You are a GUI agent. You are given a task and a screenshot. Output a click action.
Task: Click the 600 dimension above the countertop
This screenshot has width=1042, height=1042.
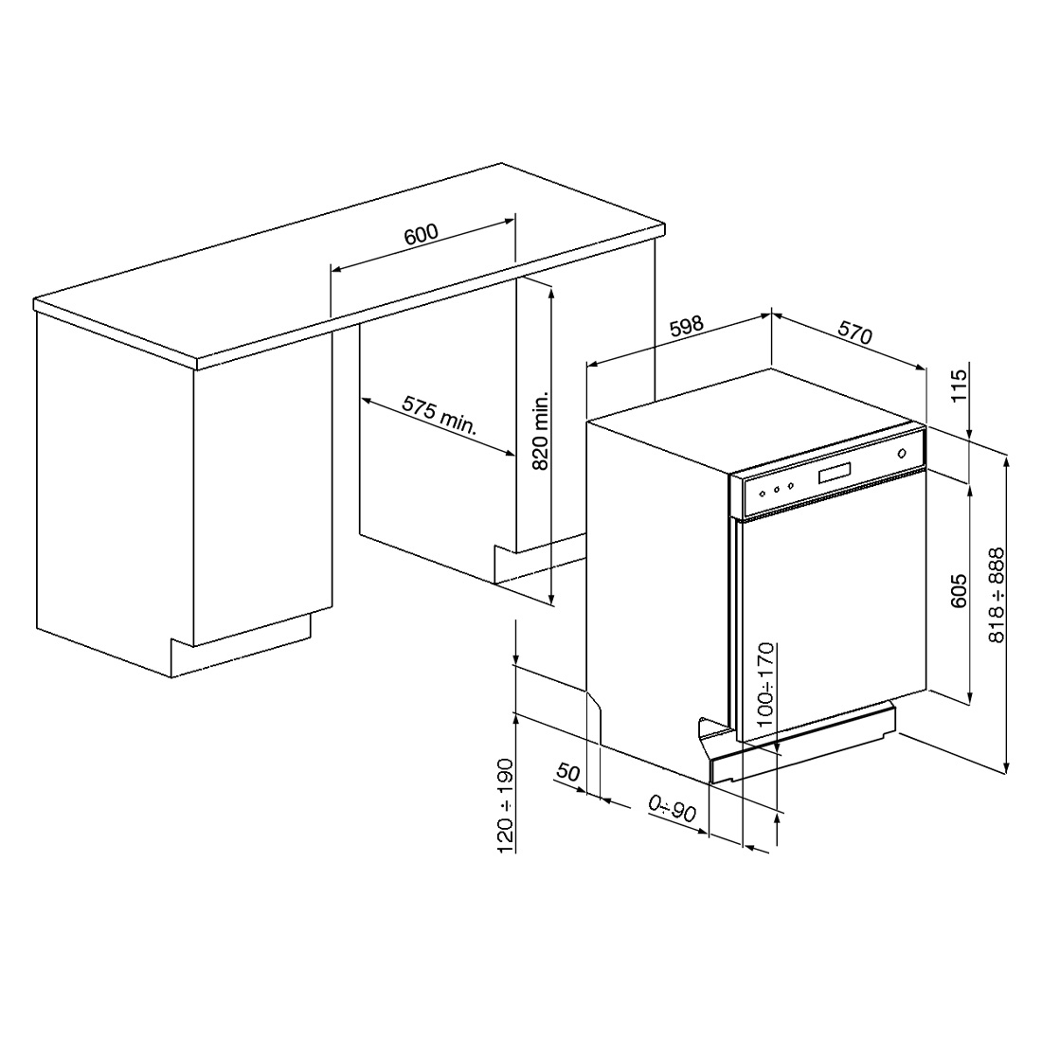coord(422,235)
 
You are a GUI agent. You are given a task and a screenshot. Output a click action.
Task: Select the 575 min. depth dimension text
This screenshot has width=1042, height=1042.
coord(440,415)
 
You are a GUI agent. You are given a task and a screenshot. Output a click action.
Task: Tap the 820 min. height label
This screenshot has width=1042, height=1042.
coord(541,431)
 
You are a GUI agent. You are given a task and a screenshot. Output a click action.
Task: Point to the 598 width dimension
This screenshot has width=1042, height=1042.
coord(686,326)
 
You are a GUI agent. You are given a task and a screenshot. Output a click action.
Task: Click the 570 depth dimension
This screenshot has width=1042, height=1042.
coord(854,332)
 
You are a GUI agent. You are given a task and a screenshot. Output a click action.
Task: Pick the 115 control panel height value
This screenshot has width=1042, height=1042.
coord(959,386)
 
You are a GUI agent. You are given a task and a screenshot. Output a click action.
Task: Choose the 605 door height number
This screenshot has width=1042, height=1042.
coord(959,591)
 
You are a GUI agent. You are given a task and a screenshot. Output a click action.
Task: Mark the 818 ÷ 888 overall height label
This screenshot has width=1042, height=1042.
coord(997,595)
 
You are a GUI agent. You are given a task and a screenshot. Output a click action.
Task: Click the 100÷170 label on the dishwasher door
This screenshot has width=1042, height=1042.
coord(765,684)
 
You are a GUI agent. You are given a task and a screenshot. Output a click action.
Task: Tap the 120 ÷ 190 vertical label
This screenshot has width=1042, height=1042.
coord(506,805)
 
